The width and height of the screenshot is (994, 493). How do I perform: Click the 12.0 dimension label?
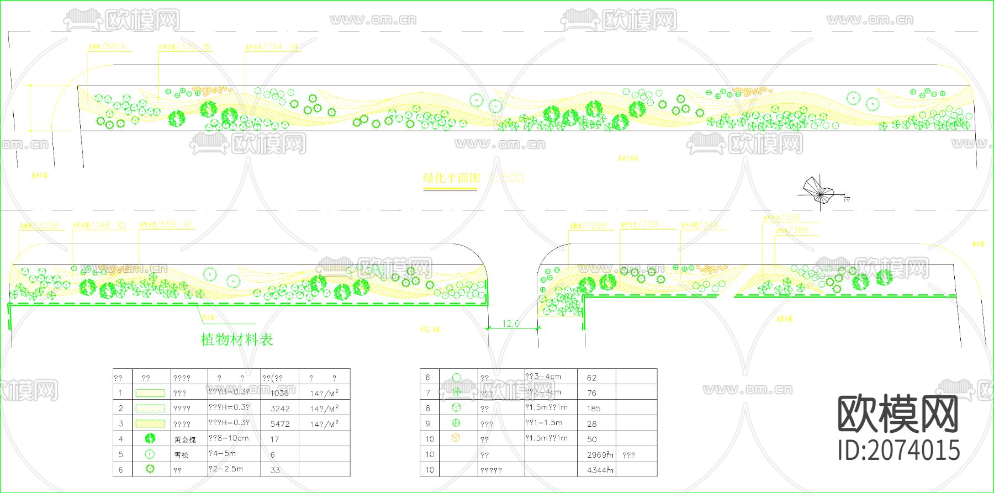coord(510,324)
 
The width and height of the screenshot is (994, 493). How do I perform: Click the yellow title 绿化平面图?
coord(451,178)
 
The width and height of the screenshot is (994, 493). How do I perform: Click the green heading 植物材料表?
coord(237,340)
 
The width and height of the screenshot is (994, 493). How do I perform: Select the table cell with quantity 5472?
coord(280,424)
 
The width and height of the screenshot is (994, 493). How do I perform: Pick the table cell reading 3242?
coord(280,409)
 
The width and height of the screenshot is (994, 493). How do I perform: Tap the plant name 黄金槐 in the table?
coord(185,439)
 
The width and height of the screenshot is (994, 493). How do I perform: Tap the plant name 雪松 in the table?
coord(181,455)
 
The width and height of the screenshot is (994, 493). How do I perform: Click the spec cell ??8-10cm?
coord(229,438)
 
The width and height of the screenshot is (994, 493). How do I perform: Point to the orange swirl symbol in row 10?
coord(456,438)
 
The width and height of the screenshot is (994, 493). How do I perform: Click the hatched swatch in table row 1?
coord(150,393)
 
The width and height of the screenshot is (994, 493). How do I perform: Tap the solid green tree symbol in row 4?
coord(150,438)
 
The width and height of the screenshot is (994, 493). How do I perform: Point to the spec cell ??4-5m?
coord(222,454)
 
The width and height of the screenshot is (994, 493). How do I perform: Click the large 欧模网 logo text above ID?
coord(898,414)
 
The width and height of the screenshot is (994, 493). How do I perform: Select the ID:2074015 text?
coord(899,450)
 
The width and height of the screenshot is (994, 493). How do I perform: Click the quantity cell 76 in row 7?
coord(592,393)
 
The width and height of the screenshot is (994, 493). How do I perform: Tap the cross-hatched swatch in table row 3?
coord(150,424)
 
